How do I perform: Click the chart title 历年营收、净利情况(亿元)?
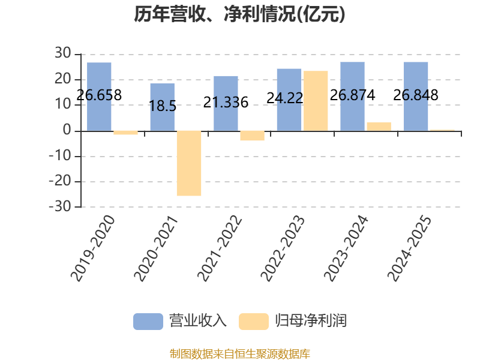(x=239, y=14)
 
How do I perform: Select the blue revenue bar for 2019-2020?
(x=99, y=97)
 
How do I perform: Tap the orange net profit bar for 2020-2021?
(x=189, y=163)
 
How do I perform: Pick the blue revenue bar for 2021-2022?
(x=226, y=103)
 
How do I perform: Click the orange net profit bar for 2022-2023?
(x=316, y=101)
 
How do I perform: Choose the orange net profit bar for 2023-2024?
(x=379, y=127)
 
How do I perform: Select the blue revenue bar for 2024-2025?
(x=416, y=97)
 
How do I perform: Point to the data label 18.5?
(x=163, y=106)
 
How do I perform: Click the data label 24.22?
(x=284, y=98)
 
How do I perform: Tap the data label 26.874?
(x=352, y=95)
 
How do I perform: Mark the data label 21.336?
(x=226, y=103)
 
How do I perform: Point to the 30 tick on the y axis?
(x=63, y=53)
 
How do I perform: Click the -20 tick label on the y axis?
(x=60, y=181)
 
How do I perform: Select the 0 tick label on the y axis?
(x=67, y=130)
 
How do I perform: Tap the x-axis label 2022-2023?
(x=283, y=248)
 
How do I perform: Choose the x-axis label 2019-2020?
(x=92, y=248)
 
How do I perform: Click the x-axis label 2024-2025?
(x=409, y=248)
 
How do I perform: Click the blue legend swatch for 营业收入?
(x=148, y=322)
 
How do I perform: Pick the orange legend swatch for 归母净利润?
(x=254, y=322)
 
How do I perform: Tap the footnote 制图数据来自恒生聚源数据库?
(x=240, y=354)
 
